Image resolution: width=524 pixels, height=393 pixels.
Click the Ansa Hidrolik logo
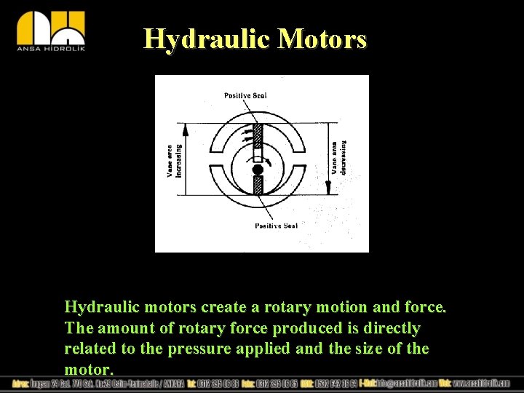[x=51, y=31]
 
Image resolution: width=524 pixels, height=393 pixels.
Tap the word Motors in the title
[x=322, y=39]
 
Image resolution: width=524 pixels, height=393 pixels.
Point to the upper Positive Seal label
[x=245, y=95]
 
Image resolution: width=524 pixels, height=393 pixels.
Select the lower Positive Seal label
[x=276, y=226]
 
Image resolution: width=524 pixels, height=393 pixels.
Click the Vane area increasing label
[x=174, y=160]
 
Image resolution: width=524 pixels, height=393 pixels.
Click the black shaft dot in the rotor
[x=258, y=170]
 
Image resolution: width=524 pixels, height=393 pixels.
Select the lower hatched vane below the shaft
[x=258, y=186]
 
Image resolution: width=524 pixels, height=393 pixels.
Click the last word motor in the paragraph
[x=87, y=370]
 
